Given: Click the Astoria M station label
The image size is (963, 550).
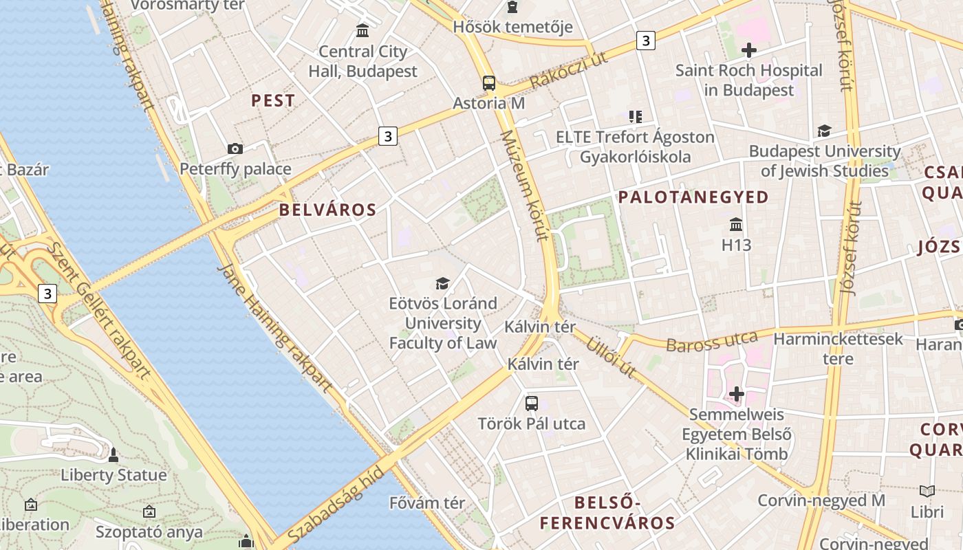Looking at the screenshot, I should coord(488,103).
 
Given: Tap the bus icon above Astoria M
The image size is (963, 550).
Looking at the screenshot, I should coord(489,83).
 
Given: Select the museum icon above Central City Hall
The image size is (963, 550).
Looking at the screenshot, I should coord(363,31).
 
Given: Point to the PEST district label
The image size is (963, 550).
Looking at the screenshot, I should coord(273,100).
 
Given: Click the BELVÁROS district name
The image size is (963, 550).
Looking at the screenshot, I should coord(328,210).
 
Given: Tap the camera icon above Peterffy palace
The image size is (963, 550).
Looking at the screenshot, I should coord(235,148).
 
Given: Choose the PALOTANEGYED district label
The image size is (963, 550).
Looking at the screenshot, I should coord(693,197).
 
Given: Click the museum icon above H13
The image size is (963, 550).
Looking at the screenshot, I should coord(736,225).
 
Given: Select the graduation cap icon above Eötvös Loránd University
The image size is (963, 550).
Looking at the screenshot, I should coord(442,283).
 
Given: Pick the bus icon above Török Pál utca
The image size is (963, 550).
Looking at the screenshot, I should coord(532,403).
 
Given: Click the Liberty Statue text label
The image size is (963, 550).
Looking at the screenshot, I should coord(113,475).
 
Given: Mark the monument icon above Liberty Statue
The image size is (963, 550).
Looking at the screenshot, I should coord(113,455).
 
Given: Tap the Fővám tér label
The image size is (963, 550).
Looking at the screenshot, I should coord(427,503).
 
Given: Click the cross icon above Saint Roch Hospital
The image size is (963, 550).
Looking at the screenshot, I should coord(749,50).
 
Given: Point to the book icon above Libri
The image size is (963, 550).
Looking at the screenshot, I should coord(927,491).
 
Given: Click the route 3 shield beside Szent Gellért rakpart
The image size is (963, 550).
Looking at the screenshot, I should coord(47,294).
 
